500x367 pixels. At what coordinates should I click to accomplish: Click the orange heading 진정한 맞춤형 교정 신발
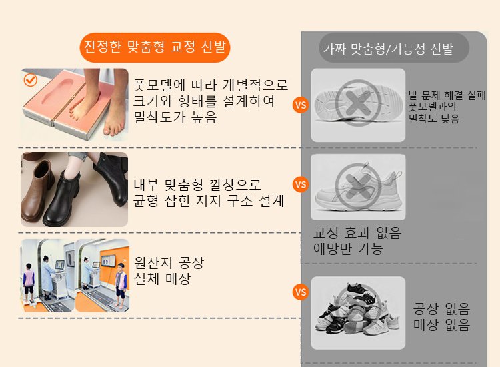click(155, 47)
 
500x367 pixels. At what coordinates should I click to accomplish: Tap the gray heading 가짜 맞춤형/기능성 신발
click(388, 49)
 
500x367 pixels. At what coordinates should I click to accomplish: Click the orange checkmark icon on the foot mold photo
click(31, 80)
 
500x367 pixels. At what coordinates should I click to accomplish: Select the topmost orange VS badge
click(301, 105)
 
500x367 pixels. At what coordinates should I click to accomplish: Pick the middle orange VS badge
click(301, 184)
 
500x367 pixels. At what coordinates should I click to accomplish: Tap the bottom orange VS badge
click(301, 292)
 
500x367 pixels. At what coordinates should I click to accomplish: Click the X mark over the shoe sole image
click(358, 103)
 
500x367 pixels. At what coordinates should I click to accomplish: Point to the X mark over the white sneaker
click(358, 186)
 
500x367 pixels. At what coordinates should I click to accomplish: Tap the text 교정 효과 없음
click(357, 233)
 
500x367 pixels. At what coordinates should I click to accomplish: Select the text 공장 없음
click(441, 308)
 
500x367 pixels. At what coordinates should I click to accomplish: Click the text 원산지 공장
click(169, 263)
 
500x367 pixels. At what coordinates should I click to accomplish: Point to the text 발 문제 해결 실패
click(447, 95)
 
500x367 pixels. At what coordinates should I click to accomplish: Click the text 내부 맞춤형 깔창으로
click(197, 184)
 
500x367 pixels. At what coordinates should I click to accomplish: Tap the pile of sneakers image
click(358, 312)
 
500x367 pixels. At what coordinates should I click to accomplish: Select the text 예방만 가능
click(348, 249)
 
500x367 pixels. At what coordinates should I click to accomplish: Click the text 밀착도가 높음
click(175, 117)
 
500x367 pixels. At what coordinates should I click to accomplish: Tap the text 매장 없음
click(441, 324)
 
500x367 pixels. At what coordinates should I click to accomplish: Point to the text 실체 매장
click(162, 279)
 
